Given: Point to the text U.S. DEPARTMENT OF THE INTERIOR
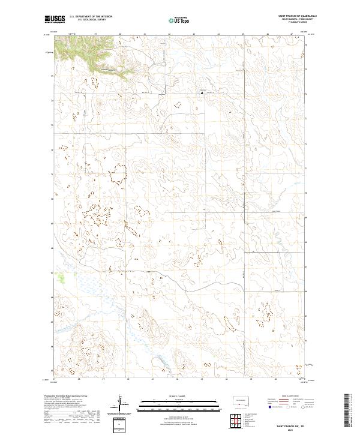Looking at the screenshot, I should tap(91, 17).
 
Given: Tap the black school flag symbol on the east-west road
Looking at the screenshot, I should tap(202, 92).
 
